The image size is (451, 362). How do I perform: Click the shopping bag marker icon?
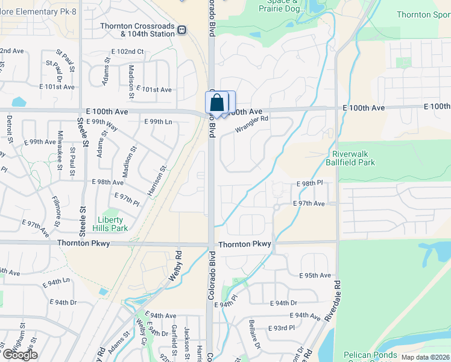[x=218, y=103]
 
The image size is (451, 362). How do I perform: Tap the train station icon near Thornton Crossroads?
[x=182, y=29]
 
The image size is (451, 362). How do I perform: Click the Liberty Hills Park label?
[x=111, y=224]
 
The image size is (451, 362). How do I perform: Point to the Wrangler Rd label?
[x=251, y=124]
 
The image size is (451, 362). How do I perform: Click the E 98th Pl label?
[x=310, y=183]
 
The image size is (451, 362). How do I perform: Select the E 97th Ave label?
[x=309, y=204]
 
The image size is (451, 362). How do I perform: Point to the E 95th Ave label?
[x=315, y=276]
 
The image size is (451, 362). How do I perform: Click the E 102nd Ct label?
[x=127, y=52]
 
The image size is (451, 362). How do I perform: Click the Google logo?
[x=19, y=355]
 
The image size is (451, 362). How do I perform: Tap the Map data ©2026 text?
[x=426, y=357]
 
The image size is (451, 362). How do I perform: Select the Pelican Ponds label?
[x=370, y=355]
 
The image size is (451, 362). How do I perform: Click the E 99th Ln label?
[x=159, y=122]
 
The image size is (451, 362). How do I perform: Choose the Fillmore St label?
[x=55, y=207]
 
